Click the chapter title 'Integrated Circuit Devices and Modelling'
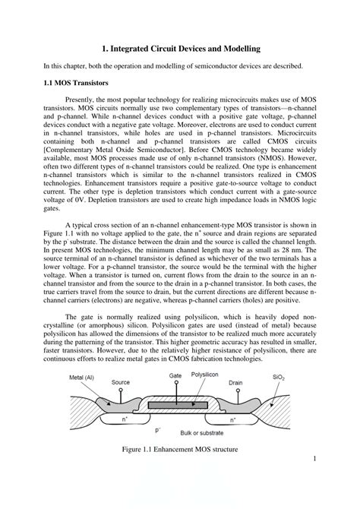click(185, 47)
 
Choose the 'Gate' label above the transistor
click(175, 396)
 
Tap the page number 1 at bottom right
click(314, 460)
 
